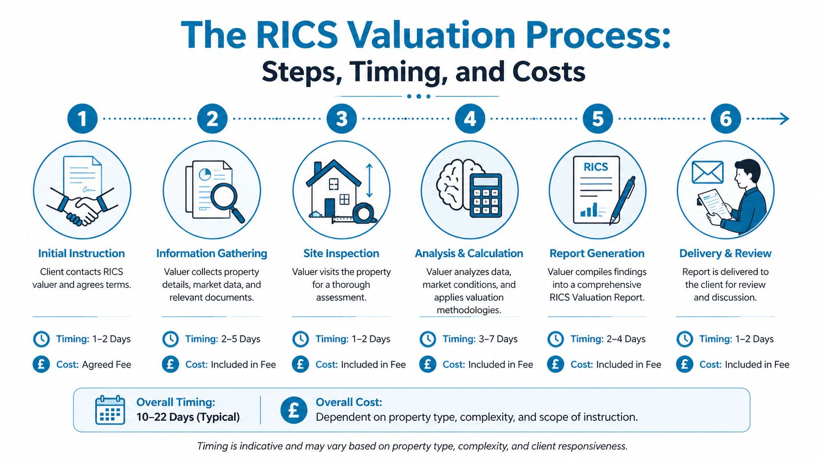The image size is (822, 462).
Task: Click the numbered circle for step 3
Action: [x=341, y=118]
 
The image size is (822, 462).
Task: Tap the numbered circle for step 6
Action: [x=725, y=118]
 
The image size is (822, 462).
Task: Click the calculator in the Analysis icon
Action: [x=486, y=195]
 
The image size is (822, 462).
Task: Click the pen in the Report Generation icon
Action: [x=622, y=199]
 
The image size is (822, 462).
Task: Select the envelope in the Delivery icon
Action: [x=707, y=172]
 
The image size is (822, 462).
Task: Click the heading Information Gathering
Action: [x=211, y=253]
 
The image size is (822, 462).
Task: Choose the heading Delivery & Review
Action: [x=725, y=253]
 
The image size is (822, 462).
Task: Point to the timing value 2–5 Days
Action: [x=240, y=339]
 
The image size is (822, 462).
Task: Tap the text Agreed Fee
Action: [x=106, y=364]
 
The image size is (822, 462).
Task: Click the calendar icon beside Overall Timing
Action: [x=110, y=410]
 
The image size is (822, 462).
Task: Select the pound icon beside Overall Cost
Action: [x=294, y=410]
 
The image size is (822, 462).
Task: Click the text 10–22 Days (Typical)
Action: [x=188, y=417]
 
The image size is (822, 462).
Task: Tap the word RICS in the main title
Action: [x=297, y=35]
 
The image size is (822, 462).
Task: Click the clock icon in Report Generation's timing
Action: [x=556, y=339]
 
